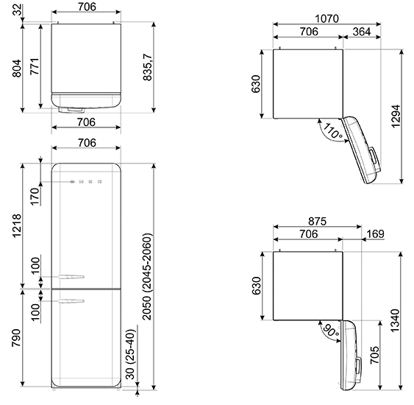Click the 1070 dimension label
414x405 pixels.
[x=326, y=18]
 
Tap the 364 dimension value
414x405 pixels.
[x=362, y=32]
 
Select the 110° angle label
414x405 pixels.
[x=332, y=130]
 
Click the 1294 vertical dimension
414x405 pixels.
[x=396, y=116]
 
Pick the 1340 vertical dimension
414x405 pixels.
[x=395, y=320]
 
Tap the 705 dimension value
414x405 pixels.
[x=375, y=355]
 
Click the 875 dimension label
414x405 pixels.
[x=318, y=221]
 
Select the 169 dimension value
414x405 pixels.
[x=376, y=234]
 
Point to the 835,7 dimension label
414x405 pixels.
[x=148, y=67]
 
